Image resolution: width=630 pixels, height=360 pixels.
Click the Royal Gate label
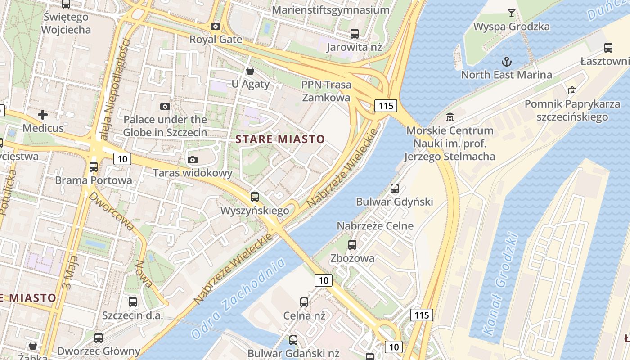coord(216,40)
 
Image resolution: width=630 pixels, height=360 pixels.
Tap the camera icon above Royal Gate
coord(216,27)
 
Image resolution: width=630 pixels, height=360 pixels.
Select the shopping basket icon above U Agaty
coord(250,71)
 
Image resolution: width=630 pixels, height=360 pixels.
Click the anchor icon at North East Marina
coord(506,61)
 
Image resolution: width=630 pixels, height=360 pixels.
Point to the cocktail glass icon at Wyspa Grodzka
coord(511,13)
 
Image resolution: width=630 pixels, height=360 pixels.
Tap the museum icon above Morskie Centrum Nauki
coord(450,117)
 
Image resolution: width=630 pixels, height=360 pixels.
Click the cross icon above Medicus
coord(43,115)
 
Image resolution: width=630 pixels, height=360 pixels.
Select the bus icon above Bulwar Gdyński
coord(395,189)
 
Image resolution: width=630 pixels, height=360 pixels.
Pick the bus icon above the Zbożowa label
coord(352,245)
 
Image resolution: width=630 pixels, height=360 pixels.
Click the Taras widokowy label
coord(193,173)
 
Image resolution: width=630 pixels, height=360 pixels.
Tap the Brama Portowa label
coord(94,180)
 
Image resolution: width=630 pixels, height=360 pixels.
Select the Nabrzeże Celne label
coord(375,225)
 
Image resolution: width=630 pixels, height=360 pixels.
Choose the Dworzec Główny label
coord(99,351)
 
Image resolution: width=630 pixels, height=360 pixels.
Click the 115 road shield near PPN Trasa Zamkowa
coord(386,106)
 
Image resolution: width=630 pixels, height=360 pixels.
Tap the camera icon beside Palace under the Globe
coord(165,106)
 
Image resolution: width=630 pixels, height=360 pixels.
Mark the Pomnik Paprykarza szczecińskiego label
coord(572,111)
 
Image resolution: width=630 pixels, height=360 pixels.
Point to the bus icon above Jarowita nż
coord(355,33)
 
